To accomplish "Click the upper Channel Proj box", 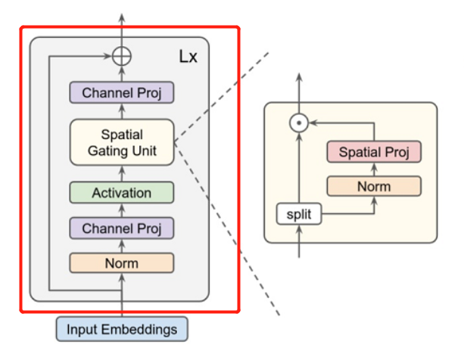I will tap(122, 93).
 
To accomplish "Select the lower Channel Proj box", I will tap(122, 228).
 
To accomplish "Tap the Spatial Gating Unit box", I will tap(122, 143).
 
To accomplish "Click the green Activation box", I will tap(122, 193).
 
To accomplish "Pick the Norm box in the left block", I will tap(122, 262).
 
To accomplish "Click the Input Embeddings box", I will tap(122, 330).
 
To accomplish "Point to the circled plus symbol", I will tap(122, 55).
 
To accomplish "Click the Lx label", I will tap(188, 57).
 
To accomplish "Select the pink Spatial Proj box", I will tap(374, 152).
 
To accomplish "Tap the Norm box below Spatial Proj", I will tap(374, 186).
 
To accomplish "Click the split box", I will tap(299, 215).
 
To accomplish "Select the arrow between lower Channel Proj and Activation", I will tap(122, 210).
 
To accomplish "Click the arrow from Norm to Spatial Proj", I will tap(374, 169).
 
